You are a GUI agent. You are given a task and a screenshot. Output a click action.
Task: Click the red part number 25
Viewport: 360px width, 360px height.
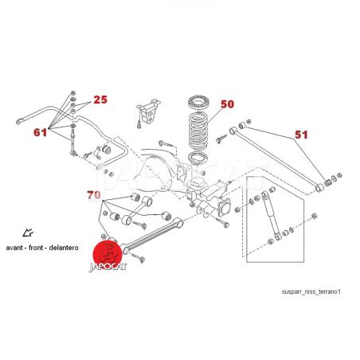pos(100,100)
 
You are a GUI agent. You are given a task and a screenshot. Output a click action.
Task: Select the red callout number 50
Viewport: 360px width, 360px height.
pos(228,104)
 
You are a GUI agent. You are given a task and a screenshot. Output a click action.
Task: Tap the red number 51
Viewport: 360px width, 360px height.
pos(301,135)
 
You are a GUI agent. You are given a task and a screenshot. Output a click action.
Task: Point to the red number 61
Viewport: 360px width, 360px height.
pos(41,132)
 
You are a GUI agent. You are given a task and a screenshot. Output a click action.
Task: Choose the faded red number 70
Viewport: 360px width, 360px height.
pos(94,195)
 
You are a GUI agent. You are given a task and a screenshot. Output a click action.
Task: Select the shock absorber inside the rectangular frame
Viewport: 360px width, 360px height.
pos(271,215)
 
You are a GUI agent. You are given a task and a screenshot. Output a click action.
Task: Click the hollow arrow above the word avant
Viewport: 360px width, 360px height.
pos(28,233)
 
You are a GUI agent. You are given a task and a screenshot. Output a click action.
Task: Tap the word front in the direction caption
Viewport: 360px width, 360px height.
pos(37,248)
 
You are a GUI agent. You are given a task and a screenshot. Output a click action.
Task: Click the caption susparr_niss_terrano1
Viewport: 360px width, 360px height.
pos(311,292)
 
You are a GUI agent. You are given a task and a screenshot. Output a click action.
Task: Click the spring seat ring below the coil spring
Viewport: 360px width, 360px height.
pos(198,159)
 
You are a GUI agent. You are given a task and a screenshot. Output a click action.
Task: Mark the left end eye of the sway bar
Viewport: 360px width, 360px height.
pos(19,122)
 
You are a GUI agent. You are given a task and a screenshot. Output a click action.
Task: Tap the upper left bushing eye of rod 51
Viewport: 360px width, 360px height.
pos(233,131)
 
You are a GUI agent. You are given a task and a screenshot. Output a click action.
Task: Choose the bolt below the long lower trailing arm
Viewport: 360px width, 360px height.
pos(137,257)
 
